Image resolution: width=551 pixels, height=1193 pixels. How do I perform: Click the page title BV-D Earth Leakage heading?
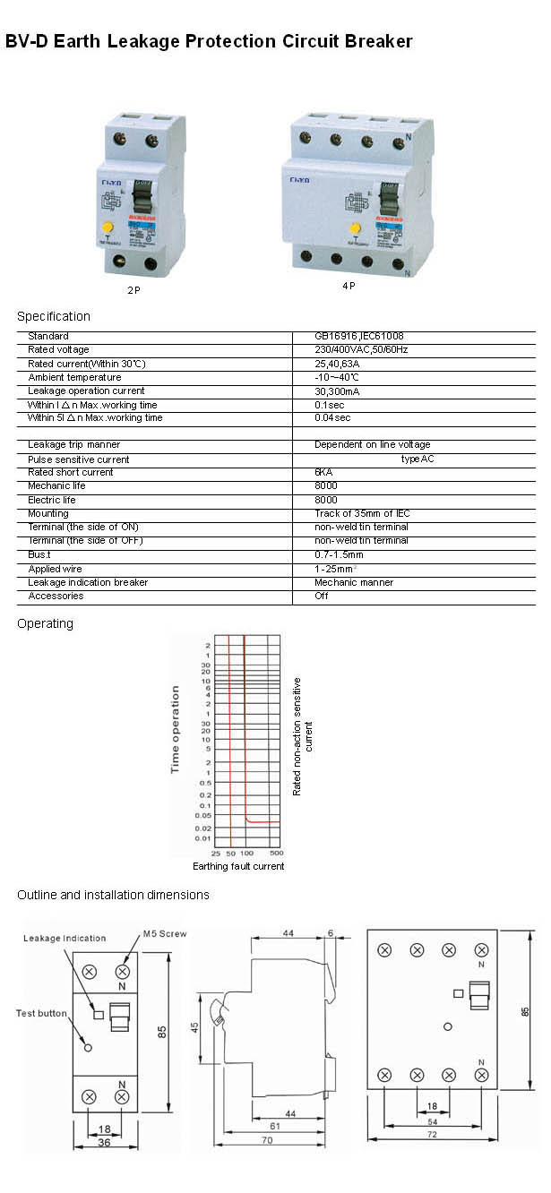tap(209, 41)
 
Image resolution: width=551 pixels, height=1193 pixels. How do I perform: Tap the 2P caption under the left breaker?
tap(133, 291)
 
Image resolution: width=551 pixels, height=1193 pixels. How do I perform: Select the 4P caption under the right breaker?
tap(349, 286)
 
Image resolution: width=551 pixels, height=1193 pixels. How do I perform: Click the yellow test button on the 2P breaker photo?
tap(108, 228)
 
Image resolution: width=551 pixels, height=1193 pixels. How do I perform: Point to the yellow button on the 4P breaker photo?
tap(355, 227)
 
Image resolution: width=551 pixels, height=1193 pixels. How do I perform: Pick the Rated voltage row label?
tap(58, 349)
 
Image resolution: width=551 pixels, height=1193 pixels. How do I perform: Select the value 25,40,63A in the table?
tap(336, 364)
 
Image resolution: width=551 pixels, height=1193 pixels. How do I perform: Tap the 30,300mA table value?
tap(336, 391)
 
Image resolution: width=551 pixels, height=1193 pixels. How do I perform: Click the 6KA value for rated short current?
tap(323, 472)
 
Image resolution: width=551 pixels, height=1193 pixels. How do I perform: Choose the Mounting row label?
tap(47, 513)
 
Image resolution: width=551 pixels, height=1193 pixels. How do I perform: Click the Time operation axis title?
tap(176, 729)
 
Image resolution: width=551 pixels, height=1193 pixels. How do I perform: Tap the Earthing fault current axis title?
tap(238, 866)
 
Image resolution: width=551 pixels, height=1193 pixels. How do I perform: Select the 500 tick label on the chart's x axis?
tap(276, 853)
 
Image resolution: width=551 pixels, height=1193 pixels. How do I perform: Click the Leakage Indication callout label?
tap(65, 938)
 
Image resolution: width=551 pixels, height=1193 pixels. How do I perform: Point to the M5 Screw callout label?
tap(165, 933)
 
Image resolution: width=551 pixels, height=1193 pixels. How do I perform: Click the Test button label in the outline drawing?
tap(41, 1013)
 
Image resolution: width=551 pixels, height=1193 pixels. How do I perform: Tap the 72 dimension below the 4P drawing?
tap(432, 1135)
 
